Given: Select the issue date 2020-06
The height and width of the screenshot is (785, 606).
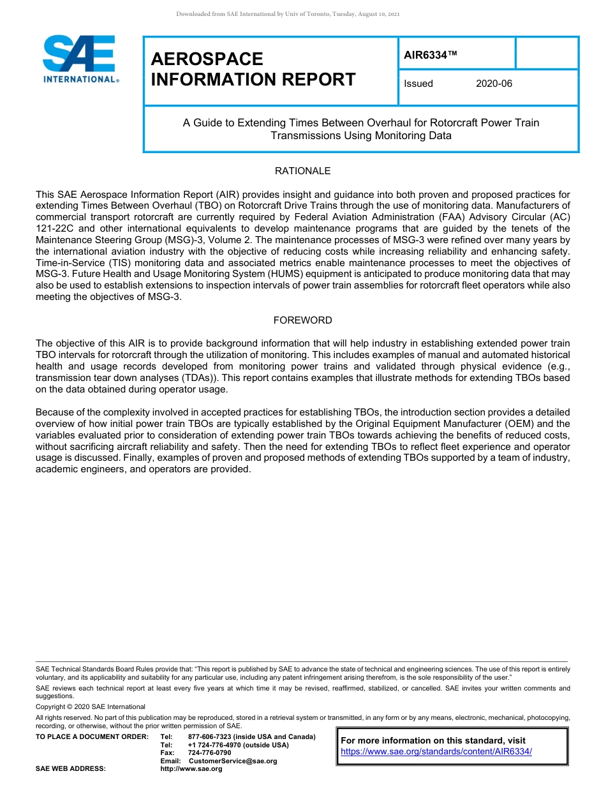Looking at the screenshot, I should pos(494,84).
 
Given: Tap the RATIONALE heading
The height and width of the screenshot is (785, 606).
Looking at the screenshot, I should pos(302,171).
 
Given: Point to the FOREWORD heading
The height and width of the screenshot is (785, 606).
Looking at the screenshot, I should pos(302,320).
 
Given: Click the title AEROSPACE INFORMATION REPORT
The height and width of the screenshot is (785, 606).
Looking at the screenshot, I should pos(253,70).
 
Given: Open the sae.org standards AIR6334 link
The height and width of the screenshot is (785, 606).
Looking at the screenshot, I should pos(436,752).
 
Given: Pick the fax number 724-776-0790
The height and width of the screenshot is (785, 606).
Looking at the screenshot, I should pos(210,753).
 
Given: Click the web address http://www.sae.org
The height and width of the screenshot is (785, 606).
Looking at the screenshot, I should pos(191,768).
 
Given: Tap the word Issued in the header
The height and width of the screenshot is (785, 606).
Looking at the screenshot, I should pos(418,84).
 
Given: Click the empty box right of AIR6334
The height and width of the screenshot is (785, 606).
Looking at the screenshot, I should pos(547,53).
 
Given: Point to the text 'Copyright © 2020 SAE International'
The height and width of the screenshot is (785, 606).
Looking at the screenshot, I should pos(91,707).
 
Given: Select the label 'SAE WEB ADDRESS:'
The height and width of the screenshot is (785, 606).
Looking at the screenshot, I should pos(71,768).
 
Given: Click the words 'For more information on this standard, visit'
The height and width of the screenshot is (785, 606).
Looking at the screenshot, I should pos(434,740).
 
